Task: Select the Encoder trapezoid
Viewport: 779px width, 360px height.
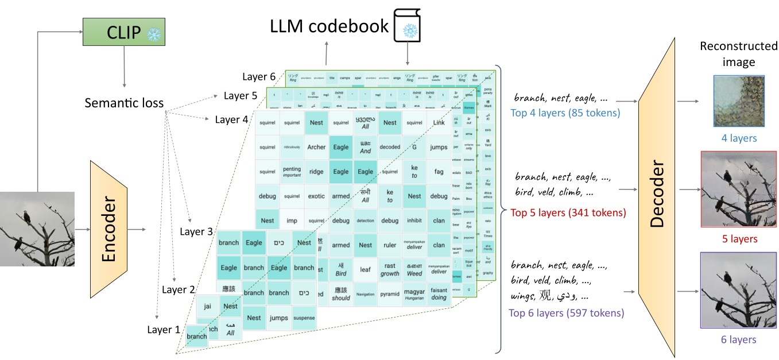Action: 108,230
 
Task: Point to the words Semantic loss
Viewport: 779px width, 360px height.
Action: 124,103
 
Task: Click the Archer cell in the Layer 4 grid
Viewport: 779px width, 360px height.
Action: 316,147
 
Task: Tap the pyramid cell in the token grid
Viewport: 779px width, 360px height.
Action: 390,294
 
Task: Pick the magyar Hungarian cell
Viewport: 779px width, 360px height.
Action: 414,295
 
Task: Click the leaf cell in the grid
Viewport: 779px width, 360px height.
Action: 365,269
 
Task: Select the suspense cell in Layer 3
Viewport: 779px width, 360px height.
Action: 304,318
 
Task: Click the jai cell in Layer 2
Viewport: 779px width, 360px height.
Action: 207,307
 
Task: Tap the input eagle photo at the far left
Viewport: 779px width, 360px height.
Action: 37,229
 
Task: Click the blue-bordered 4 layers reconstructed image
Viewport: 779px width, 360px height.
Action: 739,101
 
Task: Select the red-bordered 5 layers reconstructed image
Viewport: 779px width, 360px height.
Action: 739,189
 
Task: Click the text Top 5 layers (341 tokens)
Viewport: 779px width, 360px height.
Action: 568,213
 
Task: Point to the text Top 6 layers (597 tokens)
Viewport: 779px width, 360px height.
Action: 566,313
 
